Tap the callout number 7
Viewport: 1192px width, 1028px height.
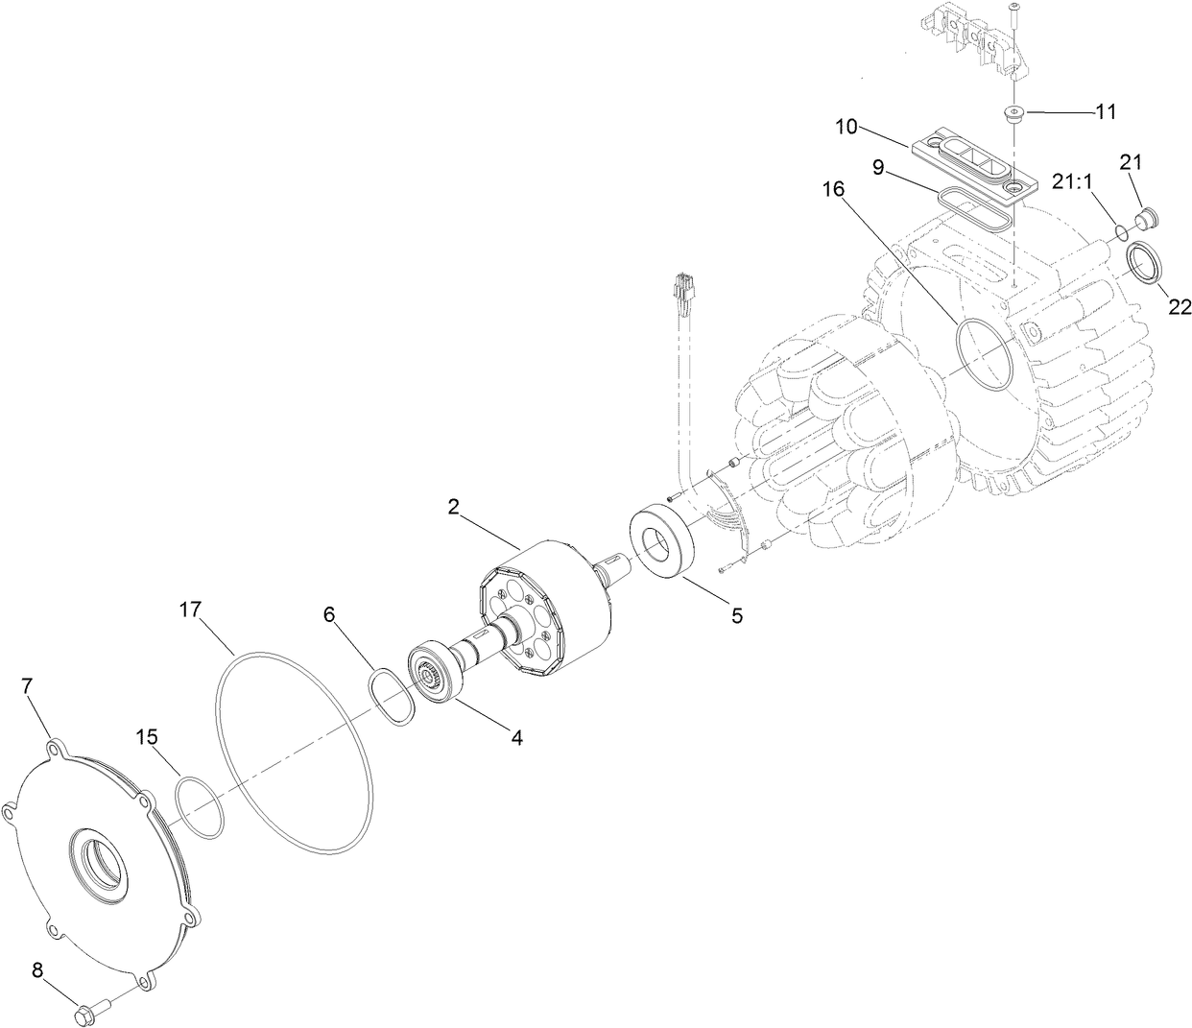pyautogui.click(x=28, y=686)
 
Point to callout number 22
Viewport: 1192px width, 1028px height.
pyautogui.click(x=1180, y=307)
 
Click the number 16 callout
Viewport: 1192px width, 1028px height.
pyautogui.click(x=833, y=189)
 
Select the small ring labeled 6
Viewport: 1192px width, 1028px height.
pyautogui.click(x=392, y=698)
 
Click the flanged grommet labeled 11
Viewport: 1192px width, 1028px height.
pyautogui.click(x=1013, y=115)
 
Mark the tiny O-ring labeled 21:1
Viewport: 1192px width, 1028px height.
pyautogui.click(x=1121, y=232)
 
